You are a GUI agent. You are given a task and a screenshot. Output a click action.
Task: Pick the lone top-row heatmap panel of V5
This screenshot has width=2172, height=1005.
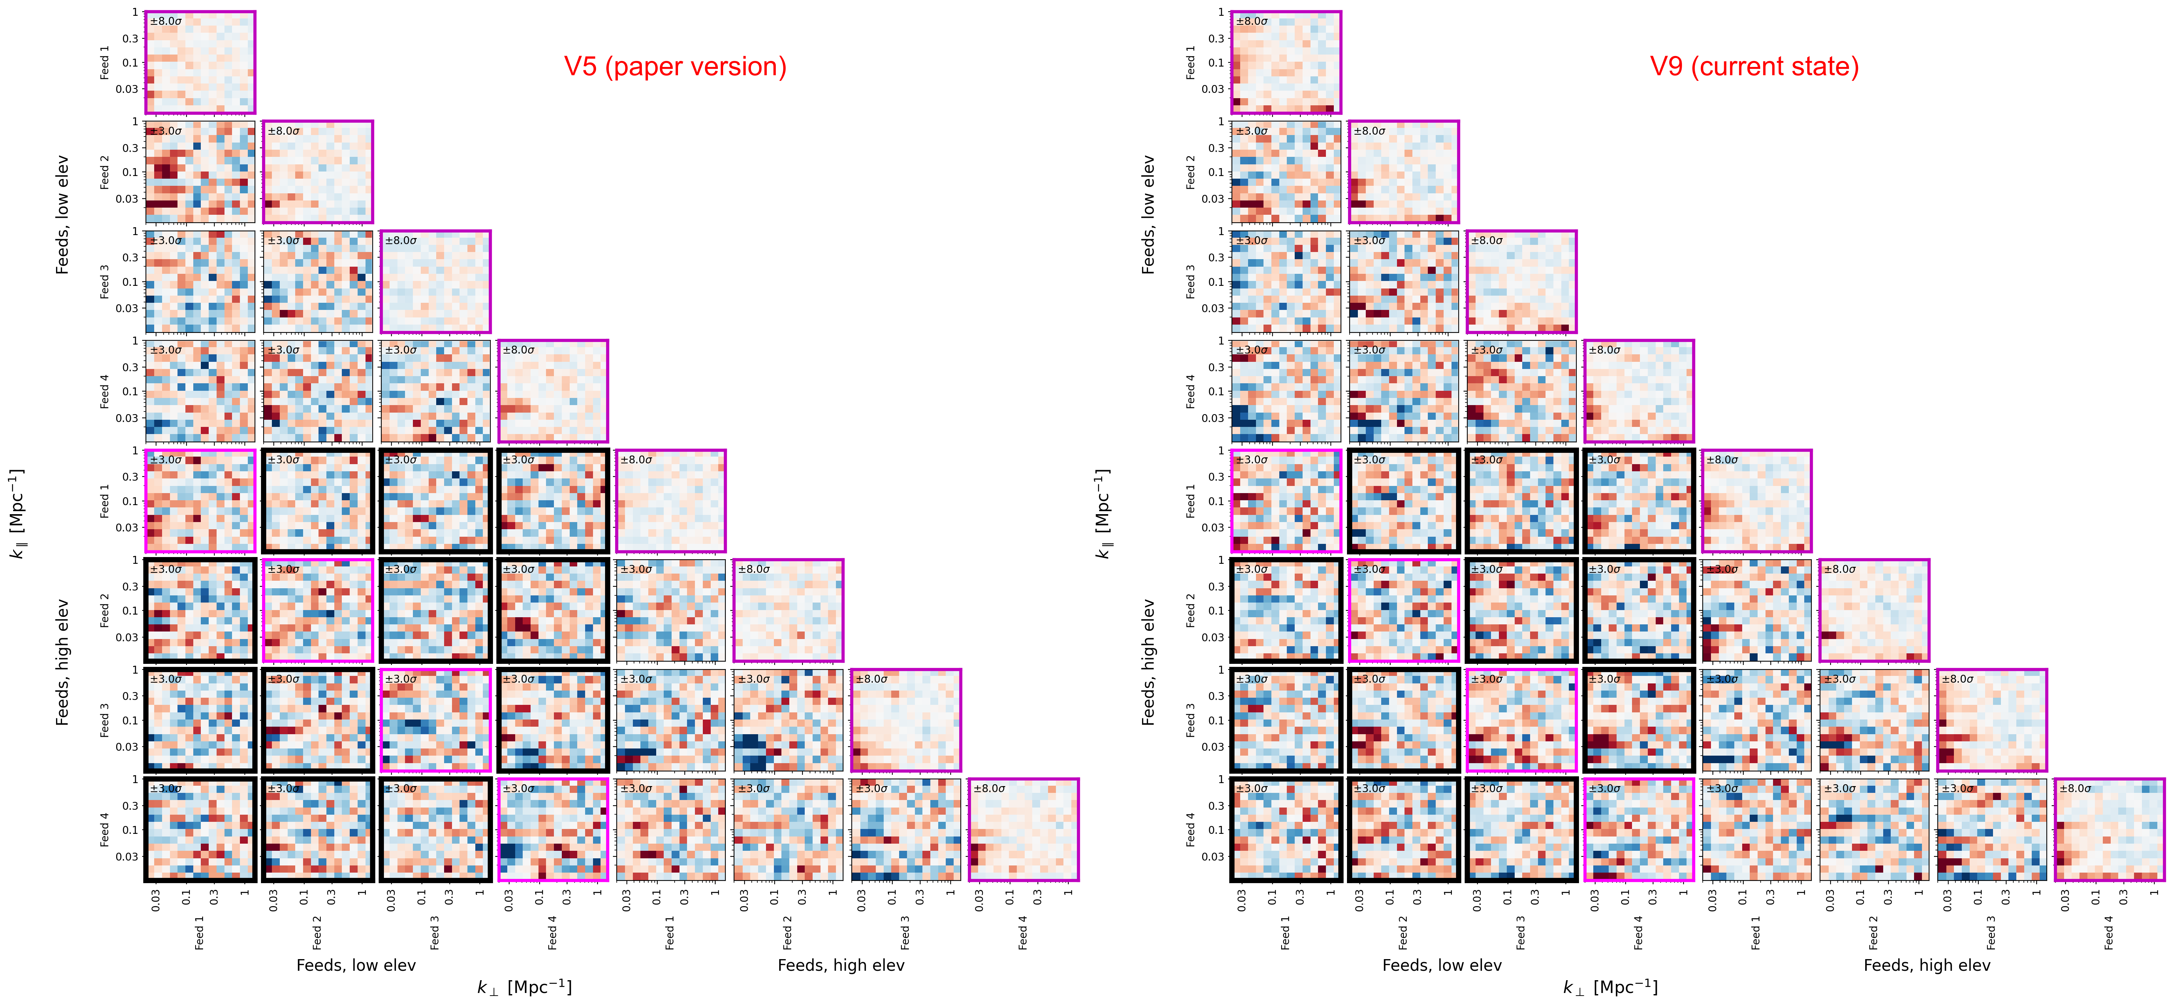click(200, 62)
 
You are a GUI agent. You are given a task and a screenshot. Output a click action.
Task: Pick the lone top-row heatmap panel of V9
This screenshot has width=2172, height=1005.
click(1286, 62)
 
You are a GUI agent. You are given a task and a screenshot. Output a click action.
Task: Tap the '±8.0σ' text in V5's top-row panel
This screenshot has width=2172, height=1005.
click(166, 21)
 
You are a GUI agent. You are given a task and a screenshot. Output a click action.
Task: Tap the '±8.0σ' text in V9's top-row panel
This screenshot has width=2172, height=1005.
click(1252, 21)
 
